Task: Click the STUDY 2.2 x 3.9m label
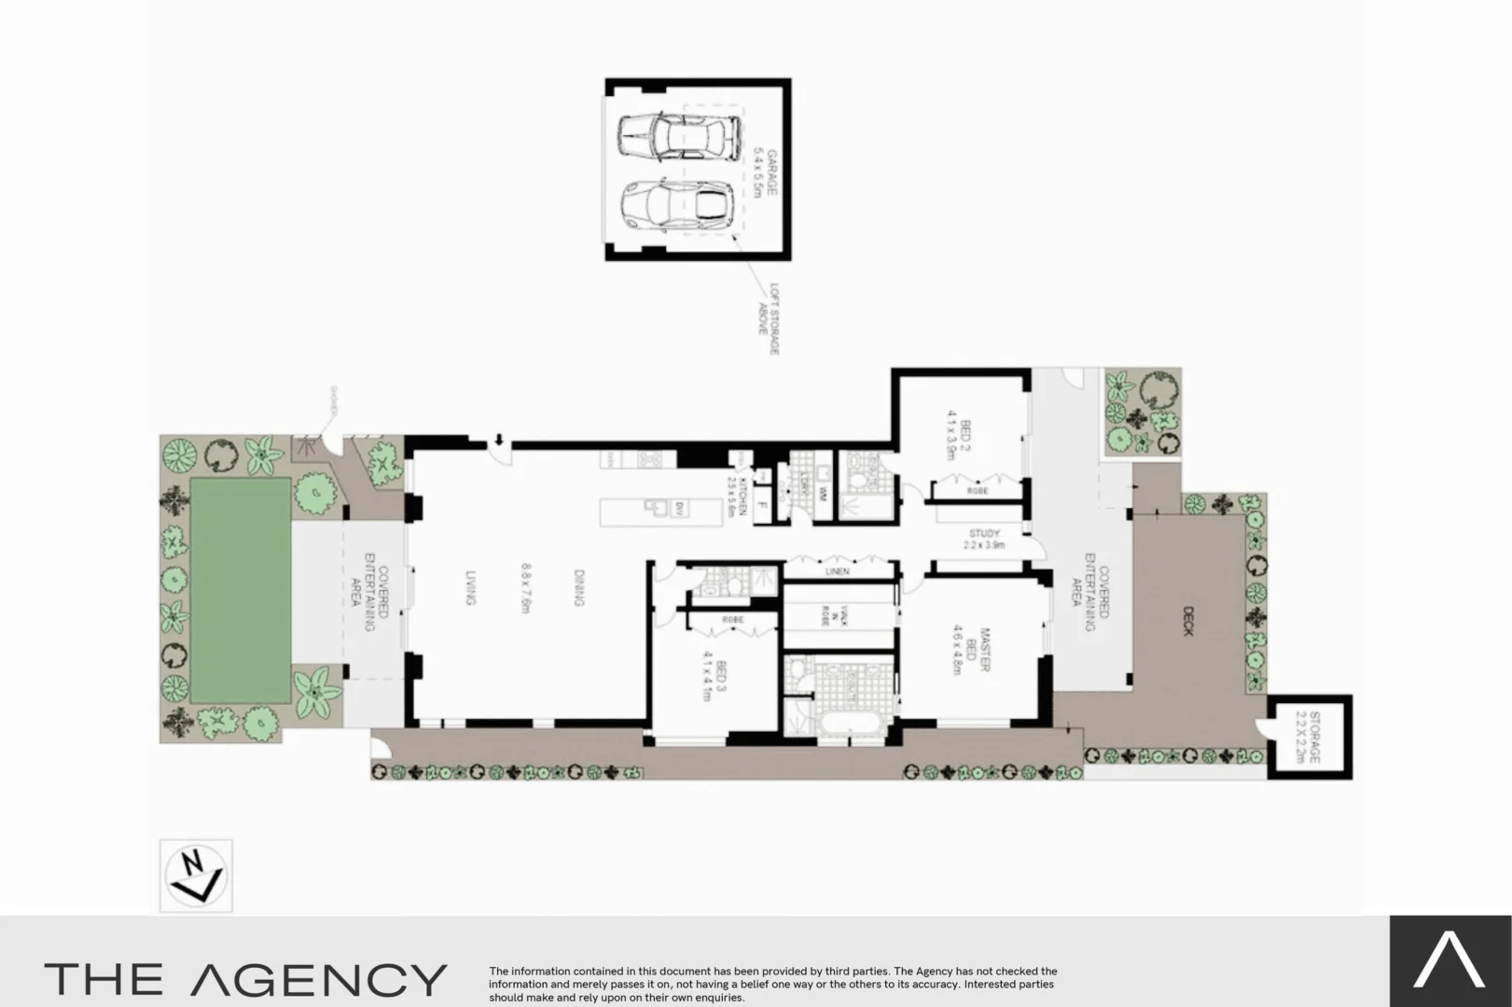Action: (984, 539)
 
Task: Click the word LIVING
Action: (471, 588)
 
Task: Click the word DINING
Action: (578, 588)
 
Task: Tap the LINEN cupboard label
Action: (838, 571)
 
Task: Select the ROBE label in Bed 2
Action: (978, 490)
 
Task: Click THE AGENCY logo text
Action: (245, 979)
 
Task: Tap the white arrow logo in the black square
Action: (1450, 961)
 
